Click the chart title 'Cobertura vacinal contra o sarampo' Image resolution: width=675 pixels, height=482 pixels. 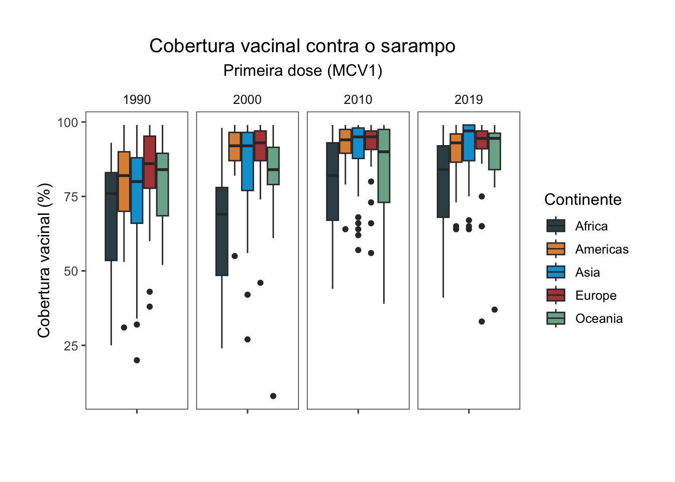[302, 46]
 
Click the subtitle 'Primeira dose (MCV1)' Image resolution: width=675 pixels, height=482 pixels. [303, 71]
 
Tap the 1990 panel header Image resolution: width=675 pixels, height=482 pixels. [137, 99]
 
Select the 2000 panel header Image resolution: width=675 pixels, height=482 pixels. [247, 99]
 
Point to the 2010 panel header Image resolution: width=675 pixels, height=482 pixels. [358, 99]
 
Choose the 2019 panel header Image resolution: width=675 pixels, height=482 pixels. [469, 99]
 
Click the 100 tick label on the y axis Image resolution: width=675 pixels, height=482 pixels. [68, 123]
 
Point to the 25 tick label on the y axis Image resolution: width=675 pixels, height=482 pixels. [71, 345]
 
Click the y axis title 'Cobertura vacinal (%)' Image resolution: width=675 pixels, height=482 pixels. [44, 260]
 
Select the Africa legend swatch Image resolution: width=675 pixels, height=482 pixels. [556, 226]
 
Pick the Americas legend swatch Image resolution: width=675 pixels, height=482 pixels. [556, 249]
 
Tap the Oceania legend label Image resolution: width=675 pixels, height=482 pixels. [599, 318]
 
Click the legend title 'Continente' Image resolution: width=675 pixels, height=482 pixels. [583, 200]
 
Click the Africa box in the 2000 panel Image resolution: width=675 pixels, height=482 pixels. [222, 231]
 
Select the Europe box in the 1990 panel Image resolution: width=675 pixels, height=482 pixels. [150, 162]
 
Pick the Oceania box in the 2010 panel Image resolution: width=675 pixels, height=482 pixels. [384, 166]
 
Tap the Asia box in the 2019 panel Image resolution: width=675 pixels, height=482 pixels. [469, 143]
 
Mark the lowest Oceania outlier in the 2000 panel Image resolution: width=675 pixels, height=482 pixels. [273, 396]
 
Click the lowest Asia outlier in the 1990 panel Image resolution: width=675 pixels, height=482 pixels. [137, 360]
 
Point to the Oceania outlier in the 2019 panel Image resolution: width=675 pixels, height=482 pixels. [495, 310]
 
